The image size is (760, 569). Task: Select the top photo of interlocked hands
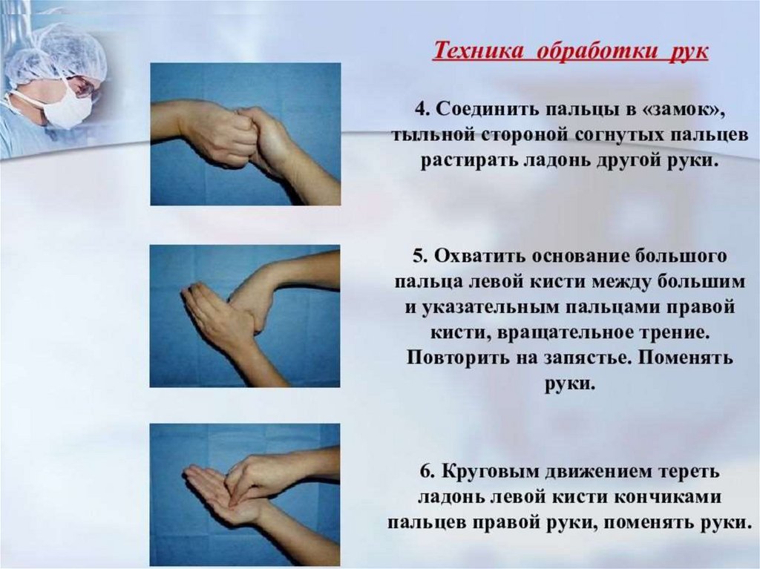(245, 134)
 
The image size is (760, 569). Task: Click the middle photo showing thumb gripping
(245, 316)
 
